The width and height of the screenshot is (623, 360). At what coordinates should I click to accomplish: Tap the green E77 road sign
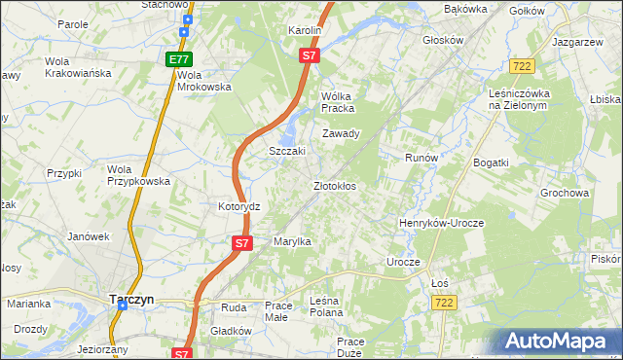177,59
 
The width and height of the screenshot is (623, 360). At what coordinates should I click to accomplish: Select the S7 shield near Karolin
309,56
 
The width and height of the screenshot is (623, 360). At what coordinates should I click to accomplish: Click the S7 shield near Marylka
242,241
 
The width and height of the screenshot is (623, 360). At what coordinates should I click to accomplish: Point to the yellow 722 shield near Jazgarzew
521,65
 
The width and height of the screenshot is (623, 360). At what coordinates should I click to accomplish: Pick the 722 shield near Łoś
443,304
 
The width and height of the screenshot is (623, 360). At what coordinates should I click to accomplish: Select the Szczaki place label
287,152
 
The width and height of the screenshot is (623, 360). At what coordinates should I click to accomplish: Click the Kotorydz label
238,207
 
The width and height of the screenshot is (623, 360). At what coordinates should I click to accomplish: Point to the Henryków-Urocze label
441,223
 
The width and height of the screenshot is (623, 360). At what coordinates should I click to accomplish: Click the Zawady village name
342,133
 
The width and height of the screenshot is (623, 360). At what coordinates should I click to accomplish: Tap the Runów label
421,157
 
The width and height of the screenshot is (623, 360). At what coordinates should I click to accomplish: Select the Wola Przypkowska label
138,175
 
